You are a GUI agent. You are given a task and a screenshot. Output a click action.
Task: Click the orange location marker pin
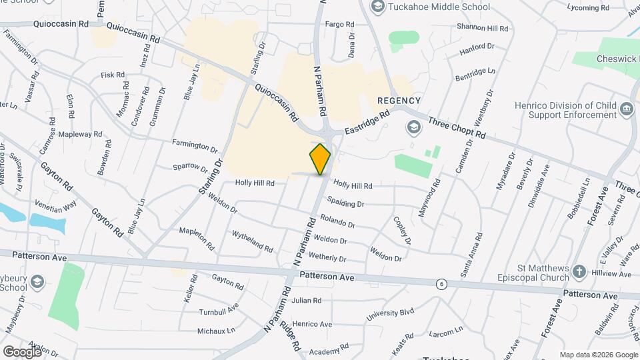click(320, 159)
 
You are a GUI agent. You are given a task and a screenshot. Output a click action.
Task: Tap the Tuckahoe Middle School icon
click(378, 7)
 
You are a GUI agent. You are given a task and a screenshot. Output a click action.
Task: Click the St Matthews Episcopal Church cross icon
click(579, 271)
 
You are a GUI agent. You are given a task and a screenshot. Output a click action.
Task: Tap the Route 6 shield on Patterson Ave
click(441, 285)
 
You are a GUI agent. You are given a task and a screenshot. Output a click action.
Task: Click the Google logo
click(21, 351)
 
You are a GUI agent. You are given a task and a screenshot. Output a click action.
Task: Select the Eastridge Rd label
click(367, 125)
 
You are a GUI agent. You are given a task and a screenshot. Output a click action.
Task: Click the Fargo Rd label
click(339, 24)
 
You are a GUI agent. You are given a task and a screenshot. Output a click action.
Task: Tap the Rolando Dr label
click(337, 221)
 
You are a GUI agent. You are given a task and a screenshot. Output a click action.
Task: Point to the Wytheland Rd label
click(252, 241)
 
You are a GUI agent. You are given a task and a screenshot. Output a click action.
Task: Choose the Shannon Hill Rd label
click(483, 27)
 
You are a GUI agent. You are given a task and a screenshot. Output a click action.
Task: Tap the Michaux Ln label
click(216, 331)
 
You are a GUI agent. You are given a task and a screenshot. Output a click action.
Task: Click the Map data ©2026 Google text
click(599, 355)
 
